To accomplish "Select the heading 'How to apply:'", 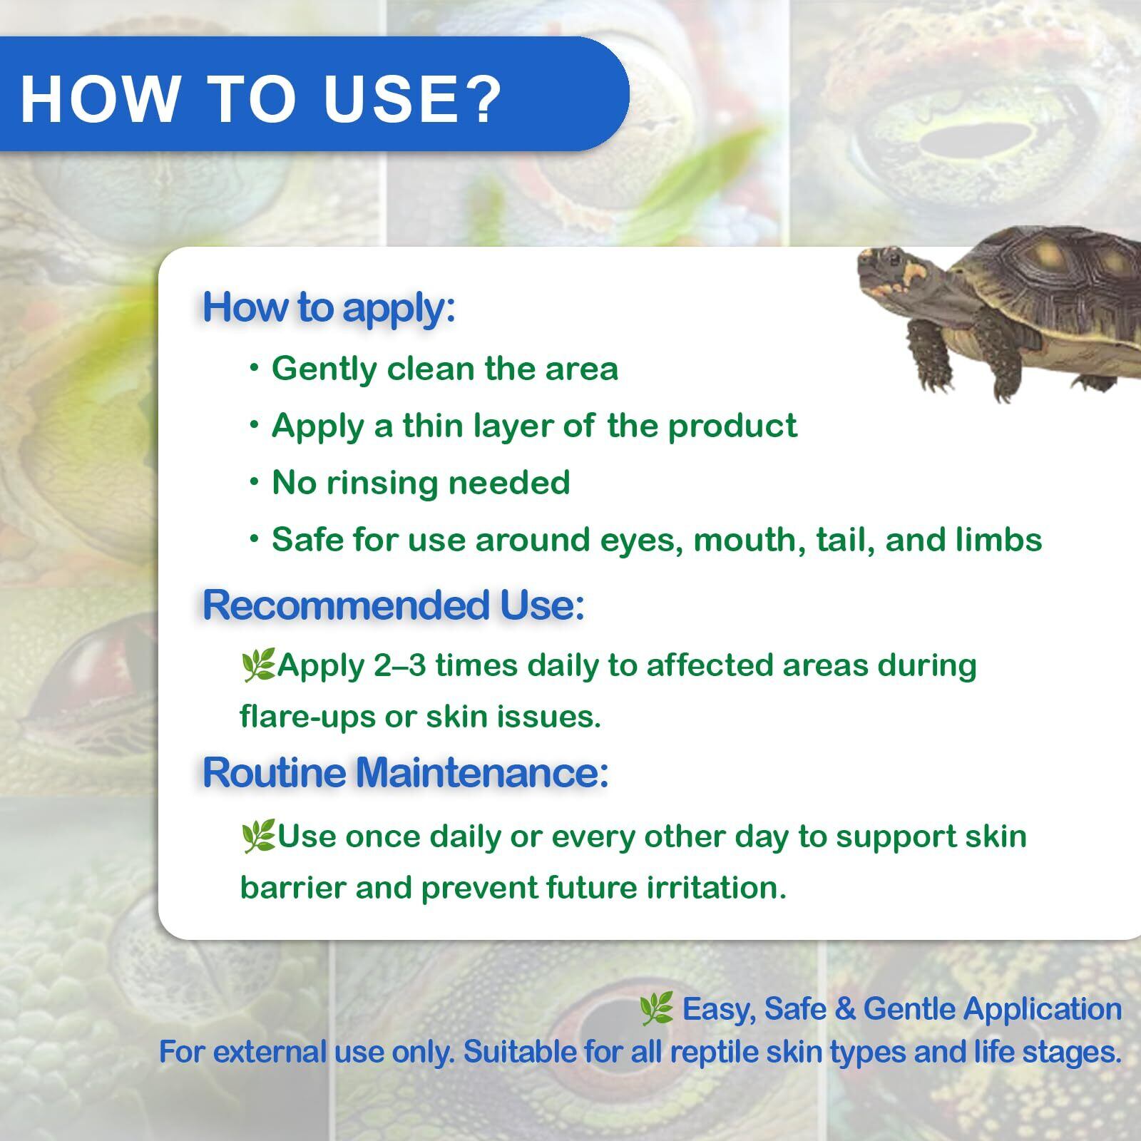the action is [329, 308].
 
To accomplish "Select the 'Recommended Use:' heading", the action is [394, 605].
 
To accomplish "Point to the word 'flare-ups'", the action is [307, 717].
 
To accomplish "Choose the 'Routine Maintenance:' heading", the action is [406, 772].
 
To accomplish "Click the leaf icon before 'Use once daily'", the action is [258, 837].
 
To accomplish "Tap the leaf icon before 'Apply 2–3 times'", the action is [258, 666].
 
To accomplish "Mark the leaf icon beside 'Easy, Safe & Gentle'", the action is [655, 1010].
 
